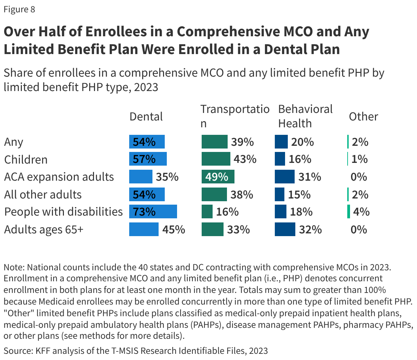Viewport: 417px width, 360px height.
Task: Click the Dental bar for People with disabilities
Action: point(153,212)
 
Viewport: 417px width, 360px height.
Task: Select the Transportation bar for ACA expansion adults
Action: point(218,177)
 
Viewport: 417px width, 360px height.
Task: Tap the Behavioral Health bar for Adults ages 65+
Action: point(285,229)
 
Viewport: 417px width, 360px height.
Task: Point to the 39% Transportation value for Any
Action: point(242,142)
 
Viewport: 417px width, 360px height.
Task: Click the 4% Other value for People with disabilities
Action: point(361,212)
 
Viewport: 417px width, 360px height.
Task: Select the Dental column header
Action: point(146,117)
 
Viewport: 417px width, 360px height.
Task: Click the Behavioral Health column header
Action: point(305,116)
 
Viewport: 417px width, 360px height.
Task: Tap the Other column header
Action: point(363,117)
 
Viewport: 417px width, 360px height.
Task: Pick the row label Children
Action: point(26,160)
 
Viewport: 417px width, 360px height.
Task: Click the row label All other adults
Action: point(43,195)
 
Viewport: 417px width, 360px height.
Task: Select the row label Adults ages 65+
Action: point(43,229)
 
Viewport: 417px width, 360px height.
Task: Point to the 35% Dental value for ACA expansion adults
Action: point(167,177)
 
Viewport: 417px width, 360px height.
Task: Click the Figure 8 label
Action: point(19,9)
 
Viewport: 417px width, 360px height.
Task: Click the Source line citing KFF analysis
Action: point(136,351)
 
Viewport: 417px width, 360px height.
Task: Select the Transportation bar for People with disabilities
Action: point(207,212)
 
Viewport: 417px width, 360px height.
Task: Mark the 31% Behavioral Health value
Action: point(309,177)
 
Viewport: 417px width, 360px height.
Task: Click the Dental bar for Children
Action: point(148,159)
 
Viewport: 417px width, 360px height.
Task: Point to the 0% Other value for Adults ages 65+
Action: point(359,229)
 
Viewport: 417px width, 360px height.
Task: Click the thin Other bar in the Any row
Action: point(348,142)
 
